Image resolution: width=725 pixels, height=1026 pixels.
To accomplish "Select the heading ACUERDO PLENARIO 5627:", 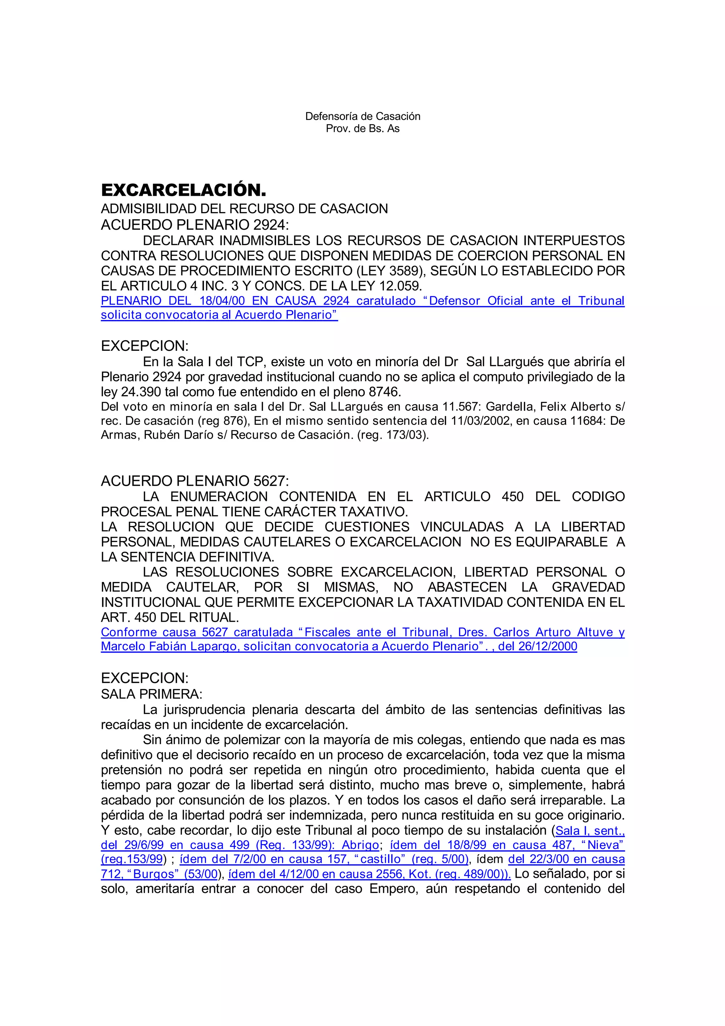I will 195,481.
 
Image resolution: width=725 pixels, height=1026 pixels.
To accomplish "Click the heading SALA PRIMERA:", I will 152,694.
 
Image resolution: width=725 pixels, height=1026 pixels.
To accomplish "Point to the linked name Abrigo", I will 360,845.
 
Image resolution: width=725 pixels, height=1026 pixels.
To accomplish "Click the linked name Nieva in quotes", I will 604,845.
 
